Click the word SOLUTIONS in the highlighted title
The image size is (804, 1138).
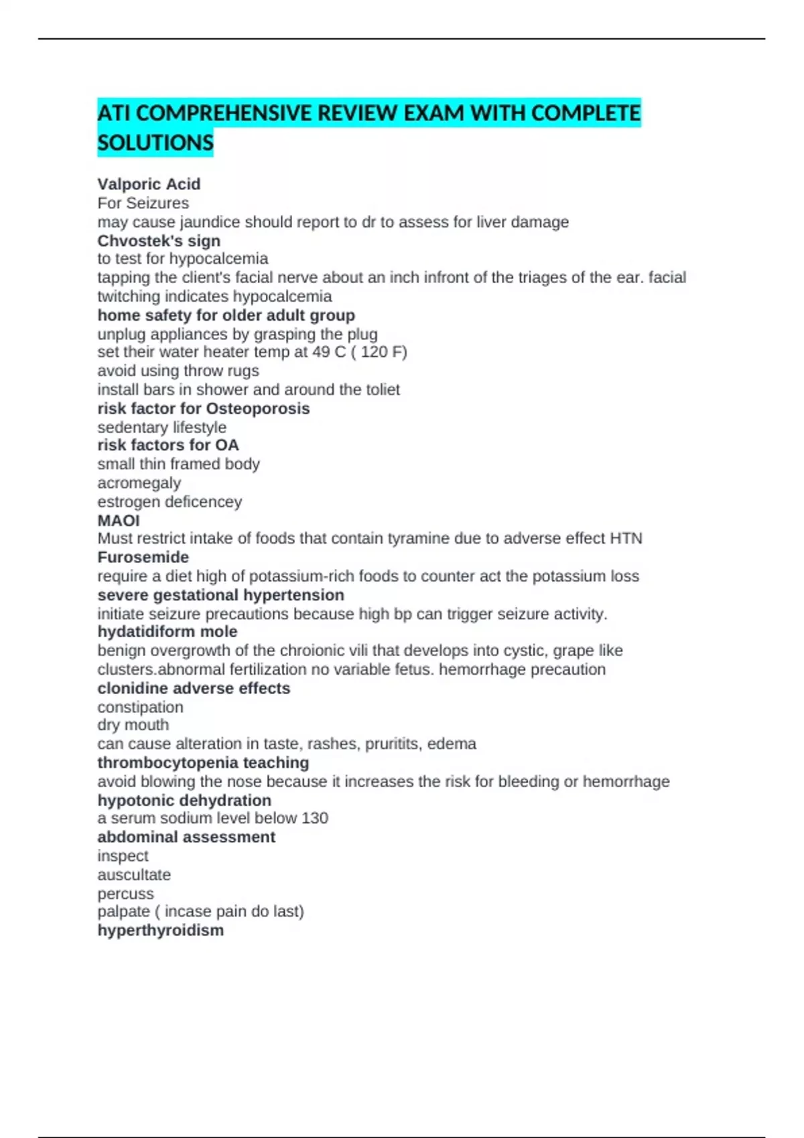coord(155,143)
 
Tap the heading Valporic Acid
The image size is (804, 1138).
coord(149,184)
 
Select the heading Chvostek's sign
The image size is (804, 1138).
coord(159,241)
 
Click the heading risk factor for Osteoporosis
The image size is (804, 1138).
coord(204,408)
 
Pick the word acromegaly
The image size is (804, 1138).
coord(139,483)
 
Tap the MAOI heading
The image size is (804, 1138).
coord(119,520)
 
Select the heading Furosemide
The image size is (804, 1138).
coord(143,557)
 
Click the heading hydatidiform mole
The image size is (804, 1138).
coord(167,631)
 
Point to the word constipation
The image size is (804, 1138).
coord(140,707)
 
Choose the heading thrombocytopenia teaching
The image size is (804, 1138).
coord(203,762)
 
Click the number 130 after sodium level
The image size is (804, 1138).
coord(315,818)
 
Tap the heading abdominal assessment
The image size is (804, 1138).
coord(186,837)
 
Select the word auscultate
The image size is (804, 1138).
coord(134,875)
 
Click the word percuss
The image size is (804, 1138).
coord(125,894)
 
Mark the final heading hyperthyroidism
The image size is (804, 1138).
coord(161,930)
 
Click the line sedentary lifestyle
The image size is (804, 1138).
coord(162,427)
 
